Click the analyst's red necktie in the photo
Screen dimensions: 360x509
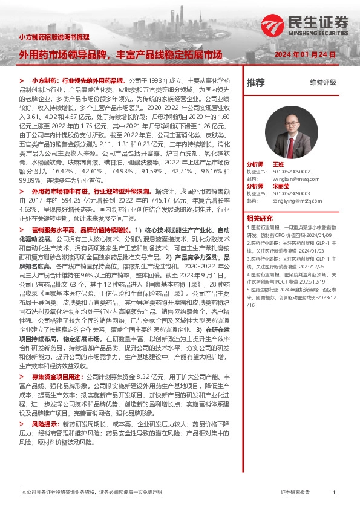pos(292,148)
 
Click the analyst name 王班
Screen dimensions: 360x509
pos(278,164)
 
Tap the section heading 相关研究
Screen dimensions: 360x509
pos(259,218)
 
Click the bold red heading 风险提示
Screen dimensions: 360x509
pos(45,425)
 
